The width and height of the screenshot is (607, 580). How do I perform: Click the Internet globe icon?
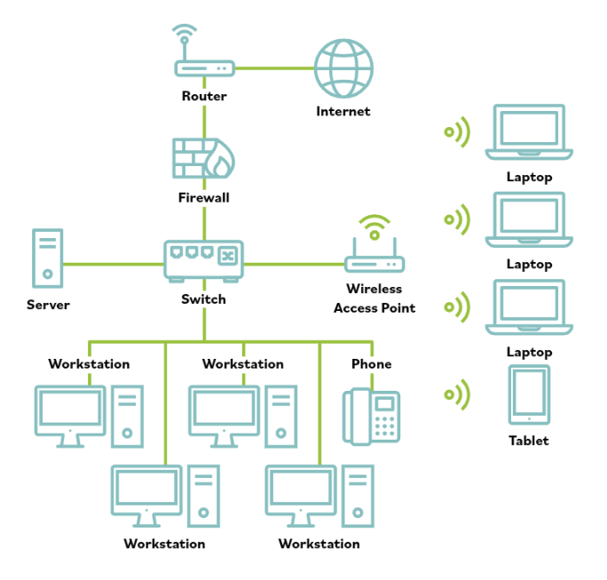point(343,68)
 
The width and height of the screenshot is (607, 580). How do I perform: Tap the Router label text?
point(204,96)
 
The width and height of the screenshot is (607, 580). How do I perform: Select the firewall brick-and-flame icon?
point(204,158)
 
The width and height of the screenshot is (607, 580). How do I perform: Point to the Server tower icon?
point(48,258)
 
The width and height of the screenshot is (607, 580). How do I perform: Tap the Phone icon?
point(372,416)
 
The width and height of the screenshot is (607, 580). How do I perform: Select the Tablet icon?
point(529,394)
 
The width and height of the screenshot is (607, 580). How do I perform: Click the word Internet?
point(343,112)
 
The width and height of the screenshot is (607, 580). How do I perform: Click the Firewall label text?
point(204,197)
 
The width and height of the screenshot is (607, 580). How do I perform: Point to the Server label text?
point(48,305)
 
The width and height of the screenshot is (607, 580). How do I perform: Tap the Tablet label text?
point(529,441)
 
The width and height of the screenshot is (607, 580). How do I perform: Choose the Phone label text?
point(371,364)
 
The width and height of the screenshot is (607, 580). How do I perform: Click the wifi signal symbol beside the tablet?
point(457,394)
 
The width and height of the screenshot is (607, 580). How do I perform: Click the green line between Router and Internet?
point(274,68)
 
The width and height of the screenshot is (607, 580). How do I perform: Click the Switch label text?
point(204,299)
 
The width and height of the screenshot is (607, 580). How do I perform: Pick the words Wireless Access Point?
point(374,298)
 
